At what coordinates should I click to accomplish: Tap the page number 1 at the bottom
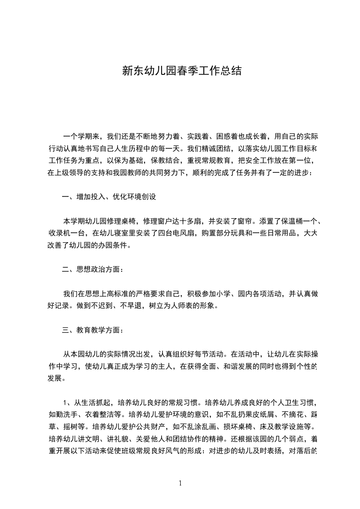click(180, 483)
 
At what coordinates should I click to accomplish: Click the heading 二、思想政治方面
click(93, 269)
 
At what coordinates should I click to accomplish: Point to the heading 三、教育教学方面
click(93, 330)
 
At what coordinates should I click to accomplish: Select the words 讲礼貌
click(111, 439)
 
